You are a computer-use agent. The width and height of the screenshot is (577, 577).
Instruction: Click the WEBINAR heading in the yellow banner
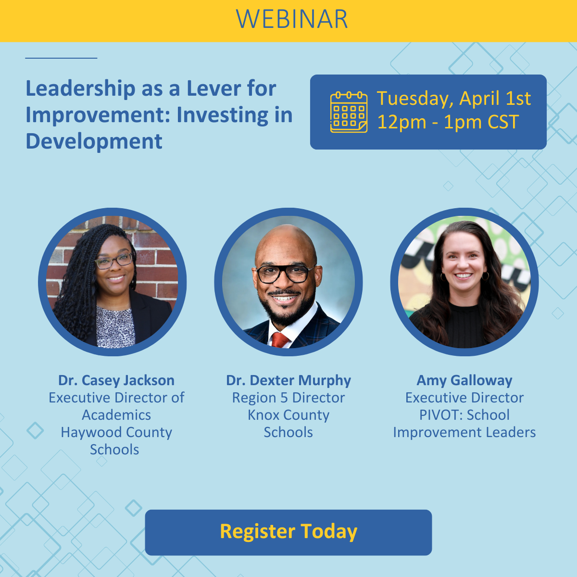(x=292, y=19)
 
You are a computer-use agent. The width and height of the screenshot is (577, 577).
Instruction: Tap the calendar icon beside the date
(x=349, y=112)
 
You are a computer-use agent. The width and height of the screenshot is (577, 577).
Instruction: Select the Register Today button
(x=288, y=532)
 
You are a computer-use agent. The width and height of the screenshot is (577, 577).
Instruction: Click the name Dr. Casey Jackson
(x=116, y=380)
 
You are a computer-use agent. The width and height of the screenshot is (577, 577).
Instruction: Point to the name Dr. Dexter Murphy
(x=288, y=380)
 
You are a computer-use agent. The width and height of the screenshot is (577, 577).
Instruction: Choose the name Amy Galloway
(x=464, y=380)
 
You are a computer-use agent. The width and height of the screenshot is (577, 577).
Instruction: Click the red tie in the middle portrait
(x=280, y=339)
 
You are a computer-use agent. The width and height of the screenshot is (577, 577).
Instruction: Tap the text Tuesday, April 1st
(x=453, y=99)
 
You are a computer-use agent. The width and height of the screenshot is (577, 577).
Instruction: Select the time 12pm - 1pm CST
(x=448, y=122)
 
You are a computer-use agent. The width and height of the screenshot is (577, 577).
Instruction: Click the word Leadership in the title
(x=80, y=89)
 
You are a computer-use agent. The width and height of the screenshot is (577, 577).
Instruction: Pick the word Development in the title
(x=94, y=141)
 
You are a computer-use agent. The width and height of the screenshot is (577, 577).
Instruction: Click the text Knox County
(x=288, y=415)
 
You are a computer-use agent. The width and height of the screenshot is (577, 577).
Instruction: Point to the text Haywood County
(x=116, y=432)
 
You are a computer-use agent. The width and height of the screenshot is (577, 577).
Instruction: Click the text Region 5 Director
(x=288, y=398)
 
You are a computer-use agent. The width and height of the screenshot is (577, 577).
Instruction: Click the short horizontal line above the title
(x=61, y=58)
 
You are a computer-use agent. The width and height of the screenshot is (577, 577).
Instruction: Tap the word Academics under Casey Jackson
(x=116, y=415)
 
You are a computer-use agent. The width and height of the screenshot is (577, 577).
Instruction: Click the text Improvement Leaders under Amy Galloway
(x=464, y=432)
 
